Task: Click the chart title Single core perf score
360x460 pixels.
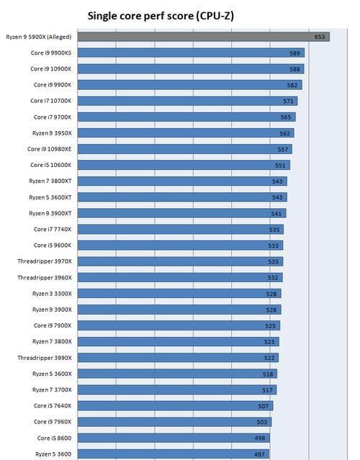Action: tap(161, 16)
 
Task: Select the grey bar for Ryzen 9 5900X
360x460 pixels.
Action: tap(204, 37)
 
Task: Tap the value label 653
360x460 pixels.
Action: tap(320, 37)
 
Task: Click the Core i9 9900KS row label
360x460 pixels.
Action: tap(51, 53)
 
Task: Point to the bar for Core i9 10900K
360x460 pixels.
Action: tap(191, 69)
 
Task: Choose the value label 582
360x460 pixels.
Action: tap(292, 85)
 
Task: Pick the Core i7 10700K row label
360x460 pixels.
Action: tap(50, 101)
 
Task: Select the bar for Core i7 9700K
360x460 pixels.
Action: tap(186, 117)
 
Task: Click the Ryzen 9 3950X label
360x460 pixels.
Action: tap(52, 133)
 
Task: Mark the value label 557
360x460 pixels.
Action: tap(283, 149)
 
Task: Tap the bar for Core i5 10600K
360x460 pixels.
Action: tap(184, 165)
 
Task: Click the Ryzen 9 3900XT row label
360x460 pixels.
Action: tap(50, 213)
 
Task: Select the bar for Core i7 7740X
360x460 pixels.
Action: tap(181, 230)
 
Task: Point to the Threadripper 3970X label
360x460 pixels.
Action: tap(45, 261)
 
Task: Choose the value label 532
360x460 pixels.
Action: tap(273, 278)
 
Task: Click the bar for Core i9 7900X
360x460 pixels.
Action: tap(179, 325)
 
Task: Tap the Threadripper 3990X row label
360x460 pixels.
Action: tap(45, 358)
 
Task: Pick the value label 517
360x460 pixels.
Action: tap(267, 390)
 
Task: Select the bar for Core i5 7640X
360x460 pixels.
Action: tap(175, 406)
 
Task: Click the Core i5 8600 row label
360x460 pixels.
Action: tap(54, 438)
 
